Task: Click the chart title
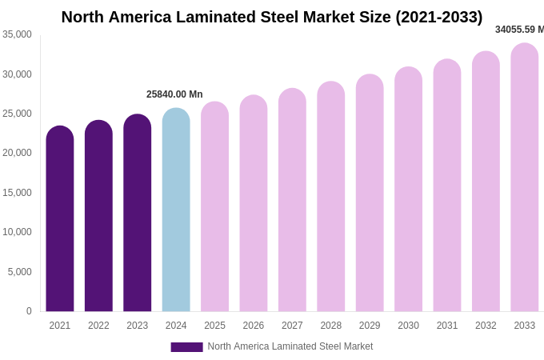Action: click(x=272, y=17)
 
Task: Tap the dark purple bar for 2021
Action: click(x=60, y=219)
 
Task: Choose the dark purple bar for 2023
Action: click(x=138, y=214)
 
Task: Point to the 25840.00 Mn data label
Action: click(x=174, y=94)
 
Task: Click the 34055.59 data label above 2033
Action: click(x=518, y=30)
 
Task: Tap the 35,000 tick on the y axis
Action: click(x=18, y=34)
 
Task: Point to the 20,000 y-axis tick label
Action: click(x=18, y=153)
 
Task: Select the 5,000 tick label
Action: click(x=20, y=272)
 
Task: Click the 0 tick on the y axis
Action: click(x=29, y=311)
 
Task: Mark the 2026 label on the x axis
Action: click(x=254, y=326)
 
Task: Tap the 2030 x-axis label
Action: click(x=408, y=326)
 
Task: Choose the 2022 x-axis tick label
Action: click(x=98, y=326)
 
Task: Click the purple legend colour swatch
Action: click(x=186, y=347)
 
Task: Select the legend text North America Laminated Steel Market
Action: click(x=290, y=346)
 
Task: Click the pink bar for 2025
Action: click(x=214, y=207)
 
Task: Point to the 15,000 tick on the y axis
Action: click(x=18, y=193)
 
